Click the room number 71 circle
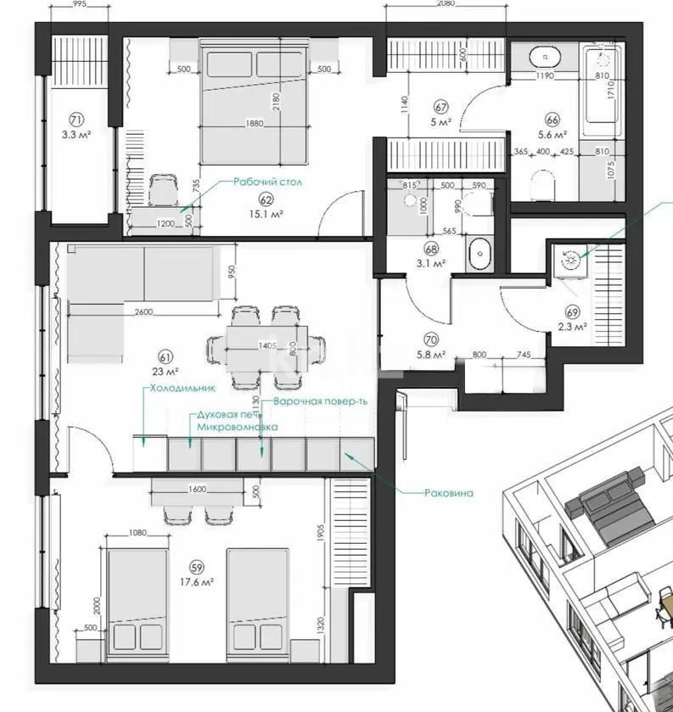point(77,120)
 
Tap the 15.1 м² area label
point(266,214)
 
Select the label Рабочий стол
point(268,182)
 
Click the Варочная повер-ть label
point(315,401)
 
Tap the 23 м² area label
point(165,371)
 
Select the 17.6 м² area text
point(196,581)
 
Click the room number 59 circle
point(196,567)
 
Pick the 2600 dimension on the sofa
point(143,311)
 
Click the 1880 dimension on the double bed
point(252,123)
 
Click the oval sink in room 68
point(480,252)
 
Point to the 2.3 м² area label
point(575,326)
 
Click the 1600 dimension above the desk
point(196,489)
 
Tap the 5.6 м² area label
point(552,134)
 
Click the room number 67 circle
point(440,107)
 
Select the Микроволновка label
point(237,429)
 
